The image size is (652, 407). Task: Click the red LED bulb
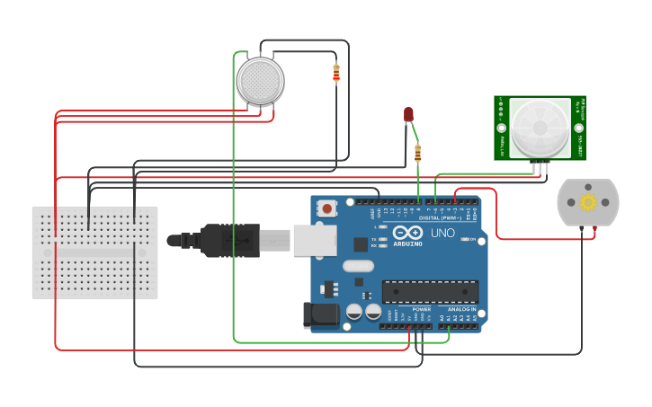408,114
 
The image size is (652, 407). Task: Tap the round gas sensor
260,81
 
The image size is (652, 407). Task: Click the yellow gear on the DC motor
588,202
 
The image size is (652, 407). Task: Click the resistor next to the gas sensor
336,73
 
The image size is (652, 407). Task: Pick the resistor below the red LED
417,154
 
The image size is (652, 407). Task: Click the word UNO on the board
442,233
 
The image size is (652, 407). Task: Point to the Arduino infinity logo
407,233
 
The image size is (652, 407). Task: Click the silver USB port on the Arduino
316,240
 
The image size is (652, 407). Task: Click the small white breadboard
94,252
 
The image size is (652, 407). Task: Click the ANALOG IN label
460,309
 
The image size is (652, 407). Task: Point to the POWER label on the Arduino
421,309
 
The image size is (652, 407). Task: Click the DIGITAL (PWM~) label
440,218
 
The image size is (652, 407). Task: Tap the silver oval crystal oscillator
357,265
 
